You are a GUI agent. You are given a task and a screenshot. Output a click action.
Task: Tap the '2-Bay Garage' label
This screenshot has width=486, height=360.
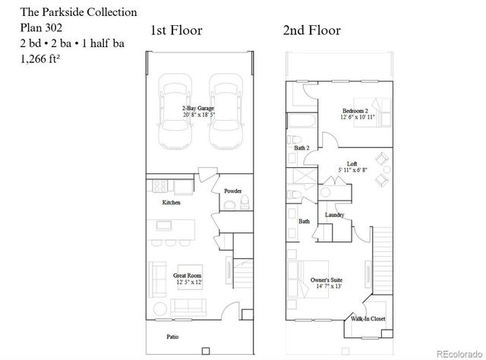197,111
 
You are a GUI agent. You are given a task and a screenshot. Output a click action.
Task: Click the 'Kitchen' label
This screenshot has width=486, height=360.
172,203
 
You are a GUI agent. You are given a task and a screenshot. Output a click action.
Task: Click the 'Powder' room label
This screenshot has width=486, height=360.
232,191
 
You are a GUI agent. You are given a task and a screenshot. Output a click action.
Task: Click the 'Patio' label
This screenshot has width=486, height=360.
174,335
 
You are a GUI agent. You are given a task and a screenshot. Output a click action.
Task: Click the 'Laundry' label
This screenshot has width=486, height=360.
335,215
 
